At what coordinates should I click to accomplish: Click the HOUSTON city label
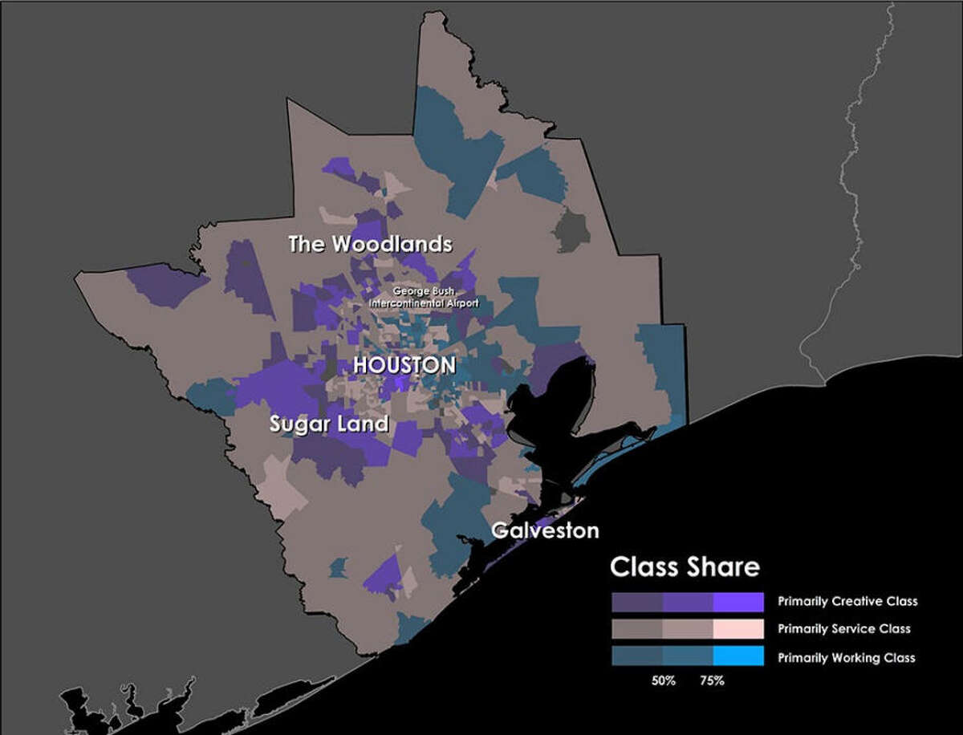tap(404, 366)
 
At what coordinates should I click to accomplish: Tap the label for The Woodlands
tap(370, 245)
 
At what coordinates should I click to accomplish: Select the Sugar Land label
tap(329, 424)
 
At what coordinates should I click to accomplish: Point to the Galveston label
tap(545, 530)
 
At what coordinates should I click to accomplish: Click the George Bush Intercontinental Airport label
tap(424, 298)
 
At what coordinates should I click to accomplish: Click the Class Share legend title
tap(685, 567)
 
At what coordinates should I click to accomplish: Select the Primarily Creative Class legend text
tap(847, 601)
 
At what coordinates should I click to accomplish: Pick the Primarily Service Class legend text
tap(844, 629)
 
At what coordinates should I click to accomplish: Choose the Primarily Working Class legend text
tap(847, 657)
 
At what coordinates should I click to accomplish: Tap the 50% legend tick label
tap(663, 680)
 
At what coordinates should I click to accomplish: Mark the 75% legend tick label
tap(712, 680)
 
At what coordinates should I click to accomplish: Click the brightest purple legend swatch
tap(737, 602)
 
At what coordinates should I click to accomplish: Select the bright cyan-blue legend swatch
tap(737, 657)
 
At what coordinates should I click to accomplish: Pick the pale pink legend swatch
tap(737, 629)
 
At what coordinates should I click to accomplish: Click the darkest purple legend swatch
tap(637, 602)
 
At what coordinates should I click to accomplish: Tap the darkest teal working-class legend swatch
tap(637, 657)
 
